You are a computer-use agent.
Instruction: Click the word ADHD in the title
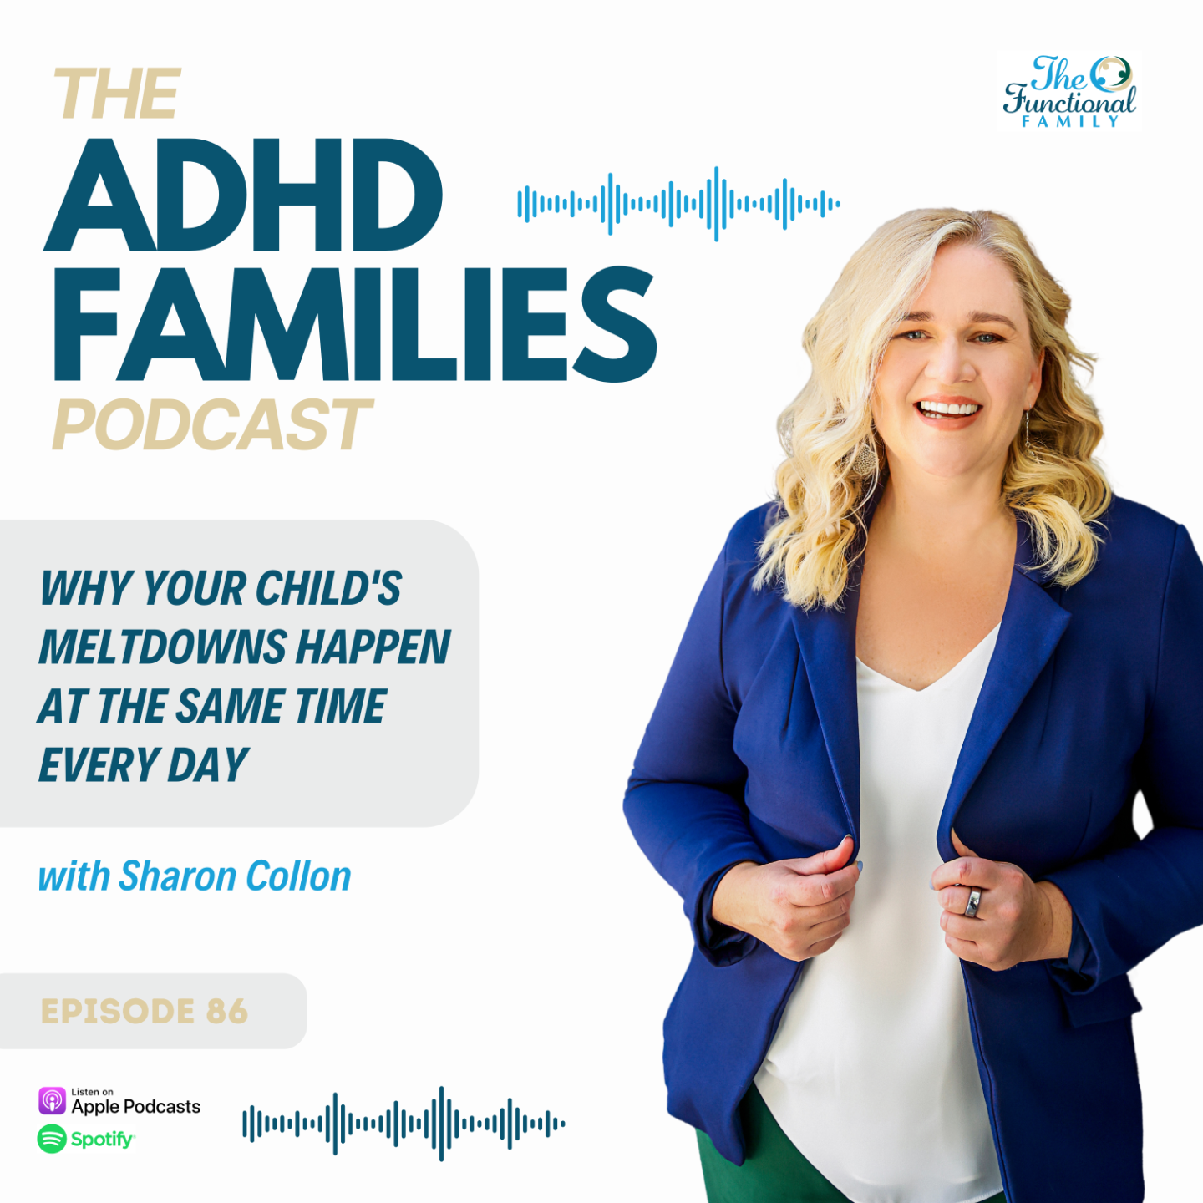click(243, 195)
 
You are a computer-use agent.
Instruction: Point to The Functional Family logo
click(1069, 91)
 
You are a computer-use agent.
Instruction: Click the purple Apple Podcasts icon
click(52, 1100)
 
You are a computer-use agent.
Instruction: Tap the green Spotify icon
click(52, 1139)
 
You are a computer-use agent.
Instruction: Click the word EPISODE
click(118, 1012)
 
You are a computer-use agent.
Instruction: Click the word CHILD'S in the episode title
click(328, 588)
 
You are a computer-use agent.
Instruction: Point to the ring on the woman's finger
click(972, 903)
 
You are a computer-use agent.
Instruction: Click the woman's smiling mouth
click(948, 412)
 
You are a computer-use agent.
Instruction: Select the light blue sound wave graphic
click(678, 204)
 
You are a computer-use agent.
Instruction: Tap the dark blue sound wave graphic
click(404, 1124)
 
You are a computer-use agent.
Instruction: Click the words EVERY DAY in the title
click(144, 764)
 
